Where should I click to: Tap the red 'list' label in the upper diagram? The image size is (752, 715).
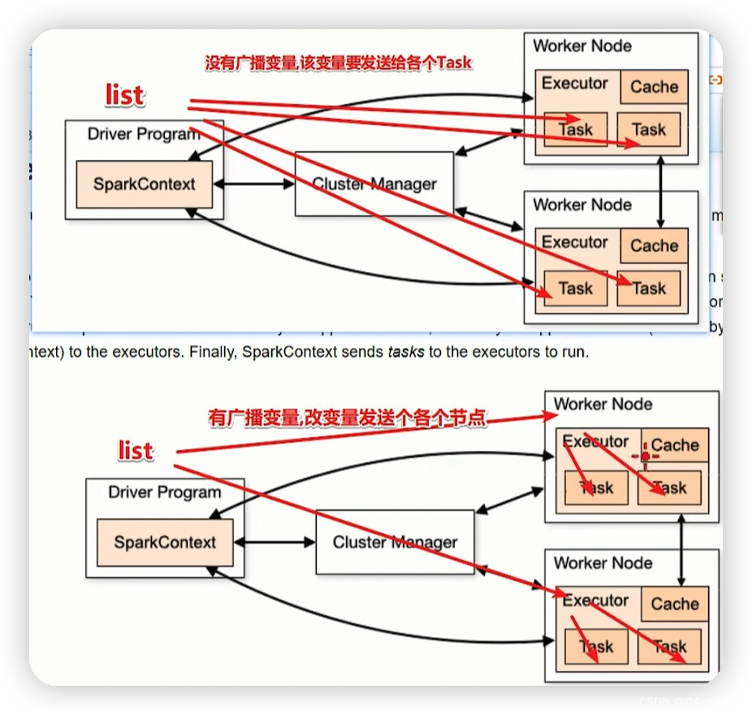pyautogui.click(x=124, y=95)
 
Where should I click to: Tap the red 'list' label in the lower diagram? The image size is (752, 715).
pyautogui.click(x=136, y=449)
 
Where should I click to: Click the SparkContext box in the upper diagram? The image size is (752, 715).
pyautogui.click(x=145, y=184)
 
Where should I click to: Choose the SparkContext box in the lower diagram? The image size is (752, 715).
pyautogui.click(x=165, y=543)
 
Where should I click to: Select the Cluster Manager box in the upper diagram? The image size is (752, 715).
pyautogui.click(x=374, y=184)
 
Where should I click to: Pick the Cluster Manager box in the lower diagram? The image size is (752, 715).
pyautogui.click(x=395, y=543)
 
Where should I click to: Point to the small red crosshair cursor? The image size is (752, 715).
pyautogui.click(x=645, y=457)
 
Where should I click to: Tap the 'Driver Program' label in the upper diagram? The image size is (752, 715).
pyautogui.click(x=144, y=134)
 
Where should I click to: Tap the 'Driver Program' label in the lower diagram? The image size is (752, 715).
pyautogui.click(x=165, y=492)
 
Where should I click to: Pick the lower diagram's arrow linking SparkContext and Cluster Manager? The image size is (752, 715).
pyautogui.click(x=274, y=543)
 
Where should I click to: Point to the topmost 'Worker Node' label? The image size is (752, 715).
pyautogui.click(x=581, y=45)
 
